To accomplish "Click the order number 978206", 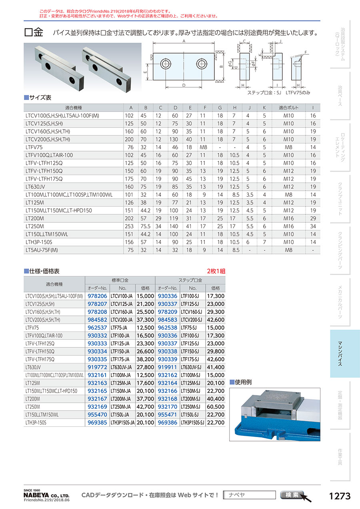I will click(97, 296).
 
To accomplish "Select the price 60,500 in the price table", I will click(215, 407).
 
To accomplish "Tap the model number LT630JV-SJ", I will click(192, 367).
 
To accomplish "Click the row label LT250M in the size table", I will click(35, 226).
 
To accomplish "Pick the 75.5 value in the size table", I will click(146, 226).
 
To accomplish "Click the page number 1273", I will click(339, 496).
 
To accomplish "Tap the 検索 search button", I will click(292, 495).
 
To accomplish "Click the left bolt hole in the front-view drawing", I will click(166, 64).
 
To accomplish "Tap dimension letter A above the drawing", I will click(183, 42).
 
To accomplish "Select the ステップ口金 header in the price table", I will click(190, 280).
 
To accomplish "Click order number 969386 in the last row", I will click(168, 422).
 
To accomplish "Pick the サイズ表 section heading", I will click(40, 97).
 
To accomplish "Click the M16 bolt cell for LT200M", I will click(288, 218).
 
